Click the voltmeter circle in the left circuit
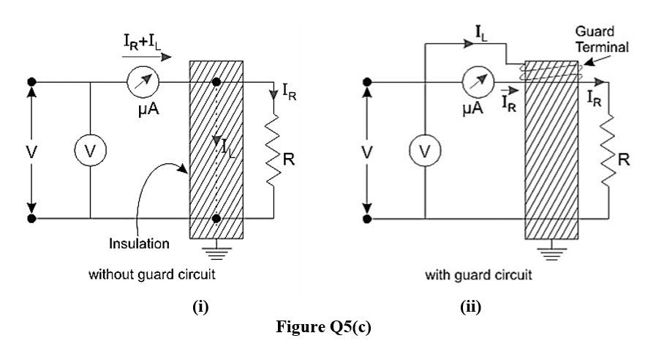point(90,151)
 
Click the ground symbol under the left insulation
point(216,252)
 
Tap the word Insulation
point(139,243)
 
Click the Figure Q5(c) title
point(323,327)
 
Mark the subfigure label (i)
point(200,307)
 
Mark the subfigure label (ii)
point(470,307)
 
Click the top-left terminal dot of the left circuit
point(31,83)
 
